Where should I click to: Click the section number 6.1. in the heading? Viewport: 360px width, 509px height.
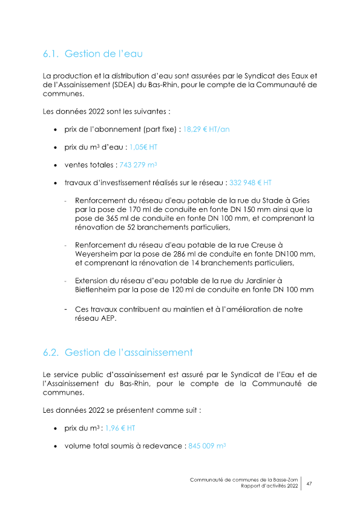pos(51,54)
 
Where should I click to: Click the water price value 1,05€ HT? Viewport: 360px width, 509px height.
pos(143,147)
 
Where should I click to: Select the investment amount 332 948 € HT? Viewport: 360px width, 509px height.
pos(250,182)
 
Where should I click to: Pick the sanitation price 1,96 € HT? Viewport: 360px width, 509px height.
pos(120,428)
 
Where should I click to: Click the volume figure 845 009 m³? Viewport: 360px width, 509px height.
pos(208,445)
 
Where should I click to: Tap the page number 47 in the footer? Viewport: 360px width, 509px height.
pos(309,484)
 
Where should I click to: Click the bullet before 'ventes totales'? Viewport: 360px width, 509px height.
pos(56,165)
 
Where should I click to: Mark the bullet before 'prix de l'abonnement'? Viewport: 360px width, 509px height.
pos(56,130)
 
